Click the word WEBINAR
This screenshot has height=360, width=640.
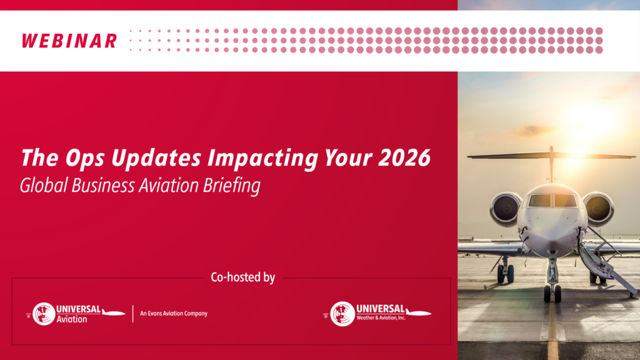coord(69,41)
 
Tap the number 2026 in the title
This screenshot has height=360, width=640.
coord(404,157)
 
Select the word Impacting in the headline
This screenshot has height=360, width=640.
coord(262,158)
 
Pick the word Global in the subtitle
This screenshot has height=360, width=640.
coord(44,186)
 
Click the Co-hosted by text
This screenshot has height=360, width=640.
coord(243,277)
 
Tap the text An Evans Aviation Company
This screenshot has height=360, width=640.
coord(174,314)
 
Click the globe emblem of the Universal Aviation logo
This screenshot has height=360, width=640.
coord(44,314)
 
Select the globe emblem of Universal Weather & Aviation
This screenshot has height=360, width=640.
coord(342,314)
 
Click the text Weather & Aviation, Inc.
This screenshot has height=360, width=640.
coord(381,317)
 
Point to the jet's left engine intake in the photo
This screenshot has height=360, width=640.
coord(506,208)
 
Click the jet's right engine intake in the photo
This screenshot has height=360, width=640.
coord(599,208)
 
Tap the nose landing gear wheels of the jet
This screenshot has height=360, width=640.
coord(552,294)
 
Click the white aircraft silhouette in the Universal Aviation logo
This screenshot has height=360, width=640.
coord(114,312)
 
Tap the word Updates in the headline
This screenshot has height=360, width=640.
coord(156,158)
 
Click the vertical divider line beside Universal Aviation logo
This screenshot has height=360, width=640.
coord(133,314)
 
